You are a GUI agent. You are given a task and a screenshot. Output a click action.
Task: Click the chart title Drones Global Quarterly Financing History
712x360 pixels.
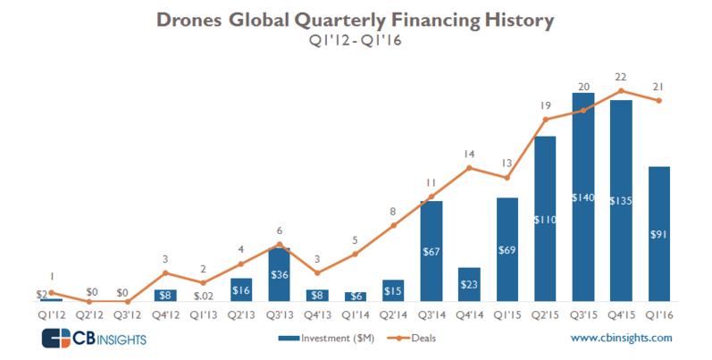(x=355, y=18)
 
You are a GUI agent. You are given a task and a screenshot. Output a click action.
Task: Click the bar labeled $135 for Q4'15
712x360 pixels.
(x=621, y=201)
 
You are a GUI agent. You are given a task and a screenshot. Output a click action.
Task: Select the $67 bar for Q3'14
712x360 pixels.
(x=431, y=252)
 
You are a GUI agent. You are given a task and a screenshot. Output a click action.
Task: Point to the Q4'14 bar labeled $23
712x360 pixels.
(x=469, y=284)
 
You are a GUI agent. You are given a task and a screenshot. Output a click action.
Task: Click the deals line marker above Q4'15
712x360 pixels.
(x=621, y=91)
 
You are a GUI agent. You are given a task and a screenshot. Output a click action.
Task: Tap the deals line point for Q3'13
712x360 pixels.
(x=280, y=244)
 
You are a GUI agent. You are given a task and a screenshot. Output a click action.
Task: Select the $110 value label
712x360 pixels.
(x=545, y=219)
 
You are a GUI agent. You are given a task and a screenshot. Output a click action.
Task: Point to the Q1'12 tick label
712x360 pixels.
(x=51, y=314)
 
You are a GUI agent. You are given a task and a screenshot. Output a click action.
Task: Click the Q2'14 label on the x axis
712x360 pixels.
(x=393, y=314)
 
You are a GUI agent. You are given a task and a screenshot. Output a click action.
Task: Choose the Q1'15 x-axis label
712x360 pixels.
(x=507, y=314)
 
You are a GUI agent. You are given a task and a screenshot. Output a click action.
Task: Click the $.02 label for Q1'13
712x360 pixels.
(x=203, y=296)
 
